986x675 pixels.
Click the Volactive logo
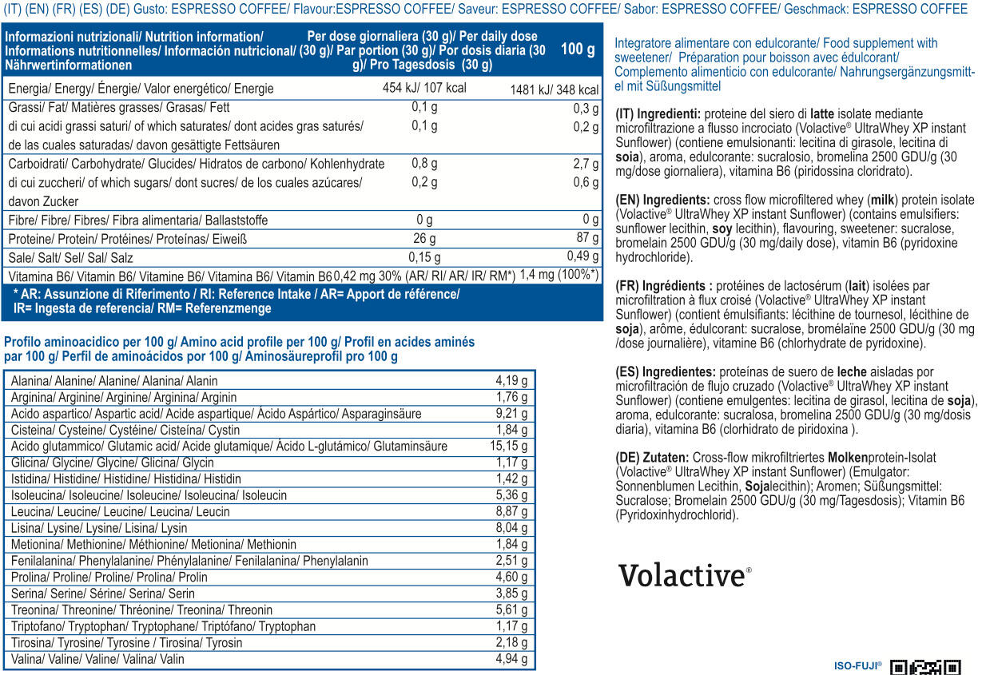(685, 575)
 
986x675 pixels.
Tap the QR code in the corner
(925, 667)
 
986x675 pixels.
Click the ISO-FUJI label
(858, 665)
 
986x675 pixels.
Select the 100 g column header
(578, 49)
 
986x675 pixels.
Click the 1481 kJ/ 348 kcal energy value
(555, 89)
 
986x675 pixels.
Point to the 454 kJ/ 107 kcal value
(424, 88)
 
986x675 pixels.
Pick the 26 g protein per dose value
(424, 239)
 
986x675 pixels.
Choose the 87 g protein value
(587, 237)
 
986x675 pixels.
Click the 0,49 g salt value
(582, 256)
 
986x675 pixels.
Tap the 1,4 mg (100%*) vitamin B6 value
(559, 275)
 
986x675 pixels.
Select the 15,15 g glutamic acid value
(508, 446)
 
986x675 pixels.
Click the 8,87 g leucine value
(511, 511)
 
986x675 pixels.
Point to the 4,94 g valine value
(511, 658)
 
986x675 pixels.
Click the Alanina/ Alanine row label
(114, 380)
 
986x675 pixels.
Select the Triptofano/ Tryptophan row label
(163, 626)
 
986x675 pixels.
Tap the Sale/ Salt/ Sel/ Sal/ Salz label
(70, 257)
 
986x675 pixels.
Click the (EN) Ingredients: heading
(662, 201)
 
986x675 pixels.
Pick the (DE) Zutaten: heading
(652, 458)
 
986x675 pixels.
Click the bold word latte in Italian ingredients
(822, 114)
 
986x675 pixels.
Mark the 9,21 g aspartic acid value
(511, 413)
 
